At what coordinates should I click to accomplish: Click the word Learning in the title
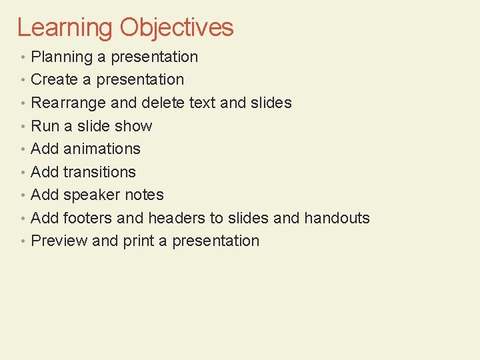click(x=65, y=28)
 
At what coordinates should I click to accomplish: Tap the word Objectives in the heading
click(x=177, y=28)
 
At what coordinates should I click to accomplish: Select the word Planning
click(x=62, y=57)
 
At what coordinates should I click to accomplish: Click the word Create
click(x=55, y=79)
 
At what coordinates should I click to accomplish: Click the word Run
click(x=45, y=126)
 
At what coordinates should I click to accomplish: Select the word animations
click(x=102, y=149)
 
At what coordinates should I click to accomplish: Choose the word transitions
click(x=99, y=172)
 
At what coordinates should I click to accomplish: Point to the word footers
click(x=87, y=218)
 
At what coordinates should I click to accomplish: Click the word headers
click(x=173, y=218)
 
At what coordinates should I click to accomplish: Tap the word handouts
click(x=337, y=218)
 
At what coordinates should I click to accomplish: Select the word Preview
click(x=59, y=241)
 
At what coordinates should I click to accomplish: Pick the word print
click(x=138, y=241)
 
